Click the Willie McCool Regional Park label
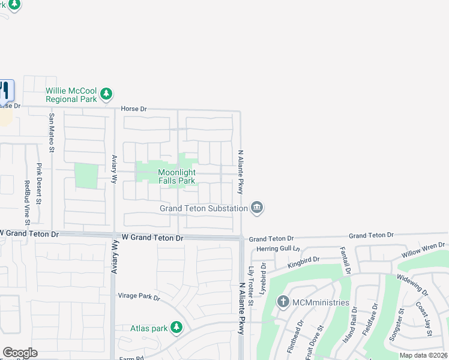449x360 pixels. point(71,94)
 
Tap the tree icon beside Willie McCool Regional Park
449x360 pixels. point(106,94)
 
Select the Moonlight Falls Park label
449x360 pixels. point(176,176)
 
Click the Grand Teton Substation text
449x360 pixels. point(203,208)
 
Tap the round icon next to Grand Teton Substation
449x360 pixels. point(257,208)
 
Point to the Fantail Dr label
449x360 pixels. point(345,260)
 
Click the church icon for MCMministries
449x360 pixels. point(283,302)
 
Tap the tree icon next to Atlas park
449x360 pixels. point(176,327)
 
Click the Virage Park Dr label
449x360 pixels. point(139,297)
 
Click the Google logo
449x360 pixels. point(20,353)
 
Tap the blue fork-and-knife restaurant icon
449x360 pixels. point(5,91)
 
